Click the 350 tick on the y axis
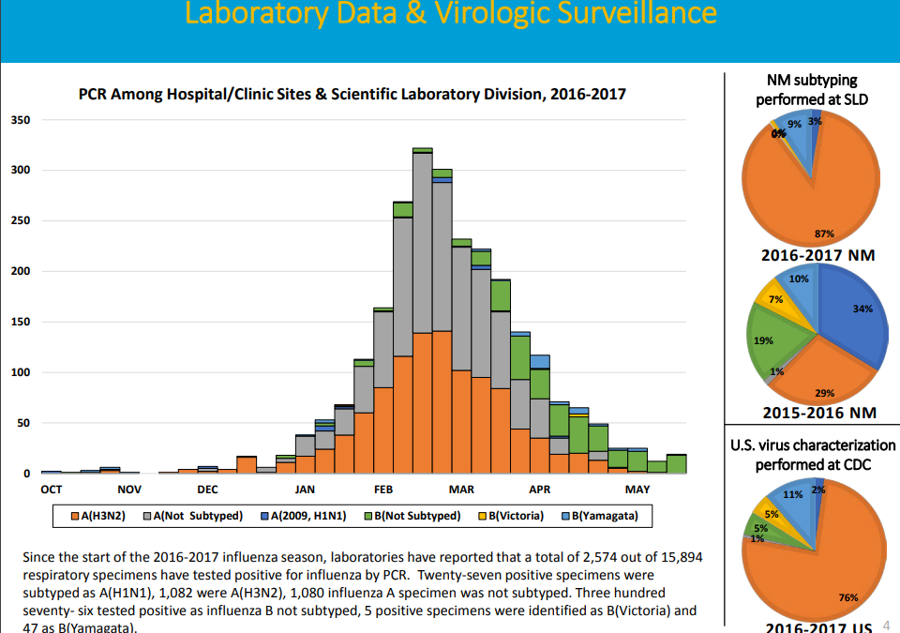[21, 120]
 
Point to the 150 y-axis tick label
[21, 322]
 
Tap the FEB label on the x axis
[382, 490]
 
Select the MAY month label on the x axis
[637, 490]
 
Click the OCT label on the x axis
[52, 490]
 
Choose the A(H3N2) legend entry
[112, 516]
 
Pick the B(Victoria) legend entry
[514, 516]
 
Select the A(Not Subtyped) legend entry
[203, 516]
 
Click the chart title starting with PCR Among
[352, 94]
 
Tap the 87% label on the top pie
[824, 234]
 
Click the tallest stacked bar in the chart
[422, 309]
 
